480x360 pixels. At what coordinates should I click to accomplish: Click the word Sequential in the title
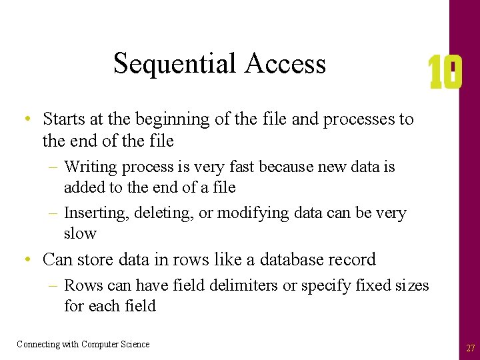pyautogui.click(x=175, y=64)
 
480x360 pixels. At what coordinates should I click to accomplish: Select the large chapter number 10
pyautogui.click(x=445, y=73)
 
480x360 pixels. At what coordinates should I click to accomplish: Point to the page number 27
pyautogui.click(x=471, y=348)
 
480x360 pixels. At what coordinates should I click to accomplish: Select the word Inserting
pyautogui.click(x=96, y=213)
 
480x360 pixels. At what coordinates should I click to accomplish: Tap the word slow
pyautogui.click(x=80, y=233)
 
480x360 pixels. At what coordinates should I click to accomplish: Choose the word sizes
pyautogui.click(x=411, y=285)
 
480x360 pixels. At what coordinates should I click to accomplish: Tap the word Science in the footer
pyautogui.click(x=133, y=344)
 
